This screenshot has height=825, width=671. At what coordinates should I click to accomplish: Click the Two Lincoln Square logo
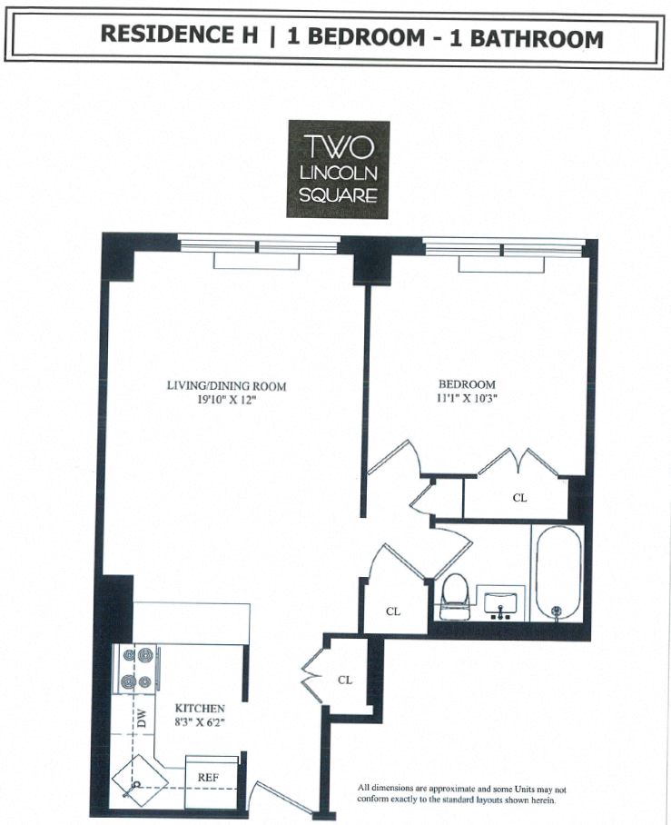pos(338,169)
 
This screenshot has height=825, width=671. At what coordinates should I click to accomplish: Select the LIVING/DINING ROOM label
pos(226,386)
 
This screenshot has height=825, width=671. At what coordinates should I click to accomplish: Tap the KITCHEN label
pos(200,708)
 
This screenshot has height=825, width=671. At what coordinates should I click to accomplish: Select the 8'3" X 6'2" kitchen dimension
pos(199,721)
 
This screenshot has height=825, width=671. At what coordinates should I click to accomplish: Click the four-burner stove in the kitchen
pos(135,670)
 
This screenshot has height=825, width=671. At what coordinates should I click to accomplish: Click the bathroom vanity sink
pos(499,604)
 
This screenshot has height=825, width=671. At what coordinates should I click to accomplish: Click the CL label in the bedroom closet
pos(519,498)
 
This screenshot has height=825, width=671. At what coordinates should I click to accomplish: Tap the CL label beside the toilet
pos(393,611)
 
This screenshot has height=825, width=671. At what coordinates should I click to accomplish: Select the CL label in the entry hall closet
pos(345,679)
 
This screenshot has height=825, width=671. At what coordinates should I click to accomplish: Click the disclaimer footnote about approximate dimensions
pos(461,794)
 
